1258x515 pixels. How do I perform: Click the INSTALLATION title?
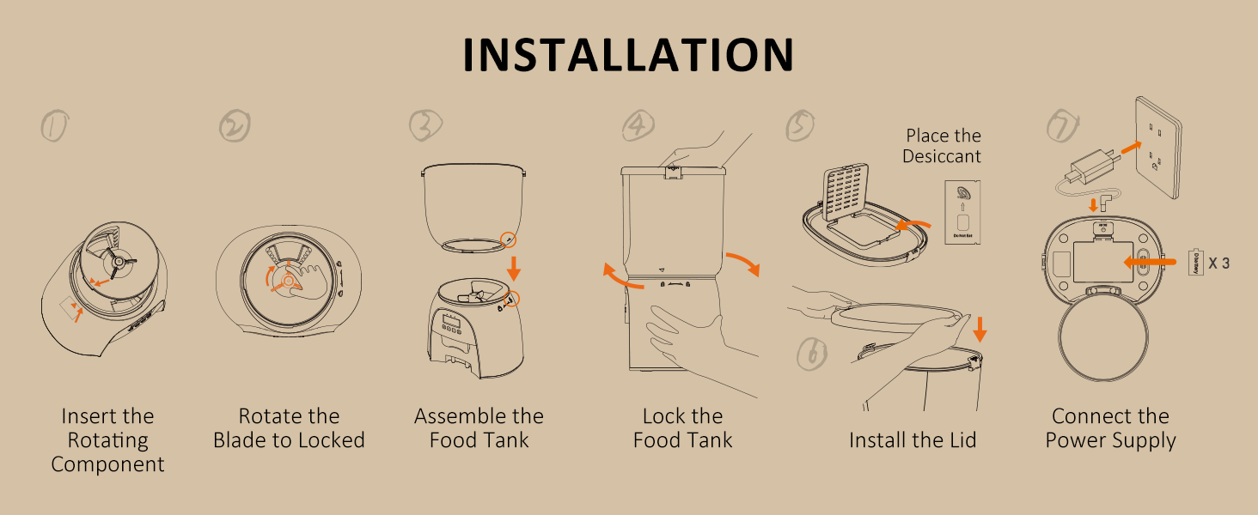coord(628,56)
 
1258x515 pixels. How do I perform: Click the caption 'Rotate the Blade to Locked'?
coord(289,428)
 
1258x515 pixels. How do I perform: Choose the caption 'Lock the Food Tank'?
coord(682,428)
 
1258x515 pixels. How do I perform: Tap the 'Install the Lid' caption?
coord(913,440)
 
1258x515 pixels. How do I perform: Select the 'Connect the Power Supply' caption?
coord(1110,428)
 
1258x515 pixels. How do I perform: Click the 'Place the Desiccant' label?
coord(943,146)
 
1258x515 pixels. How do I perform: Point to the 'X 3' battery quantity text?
coord(1218,264)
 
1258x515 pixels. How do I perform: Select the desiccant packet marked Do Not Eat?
coord(962,212)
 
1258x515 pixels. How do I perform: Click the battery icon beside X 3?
coord(1194,262)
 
